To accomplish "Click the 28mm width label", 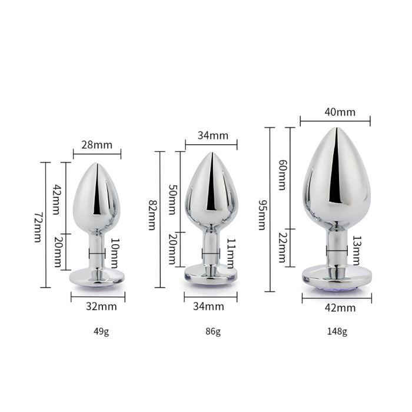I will (97, 144).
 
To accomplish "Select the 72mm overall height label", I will (38, 227).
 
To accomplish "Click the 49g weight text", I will (101, 331).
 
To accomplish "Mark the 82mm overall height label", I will (151, 215).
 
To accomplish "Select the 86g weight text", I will (212, 331).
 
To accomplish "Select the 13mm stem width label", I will (357, 251).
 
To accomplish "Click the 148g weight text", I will (337, 331).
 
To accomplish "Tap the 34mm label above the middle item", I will (212, 135).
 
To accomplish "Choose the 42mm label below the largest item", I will (337, 306).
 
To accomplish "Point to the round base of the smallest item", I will (97, 277).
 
